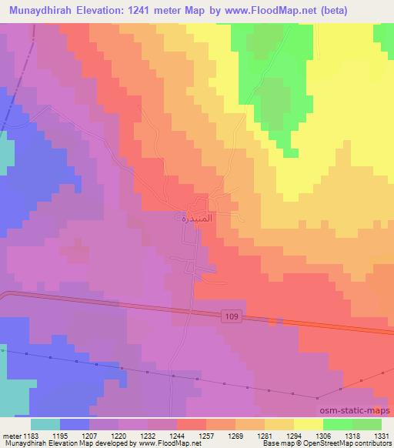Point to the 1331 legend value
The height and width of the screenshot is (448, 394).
(x=381, y=435)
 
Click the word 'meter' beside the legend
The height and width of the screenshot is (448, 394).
(x=8, y=435)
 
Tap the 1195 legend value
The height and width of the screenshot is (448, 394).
(x=59, y=435)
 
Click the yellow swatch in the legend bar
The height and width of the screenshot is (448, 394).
(x=308, y=424)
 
